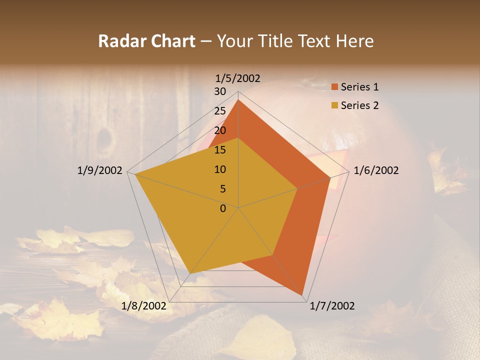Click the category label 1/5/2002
(237, 78)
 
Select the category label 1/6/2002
(376, 170)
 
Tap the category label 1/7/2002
(332, 306)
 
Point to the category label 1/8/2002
(143, 305)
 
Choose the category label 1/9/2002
(99, 170)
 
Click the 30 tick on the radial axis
(220, 91)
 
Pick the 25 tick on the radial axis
(220, 111)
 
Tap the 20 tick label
(220, 130)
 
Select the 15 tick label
(220, 150)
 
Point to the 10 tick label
(220, 169)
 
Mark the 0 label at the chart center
(223, 208)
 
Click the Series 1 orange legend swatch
(334, 87)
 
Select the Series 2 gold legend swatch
(334, 105)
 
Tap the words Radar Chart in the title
(146, 41)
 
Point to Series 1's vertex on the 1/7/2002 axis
(303, 295)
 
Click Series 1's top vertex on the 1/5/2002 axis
(238, 99)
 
